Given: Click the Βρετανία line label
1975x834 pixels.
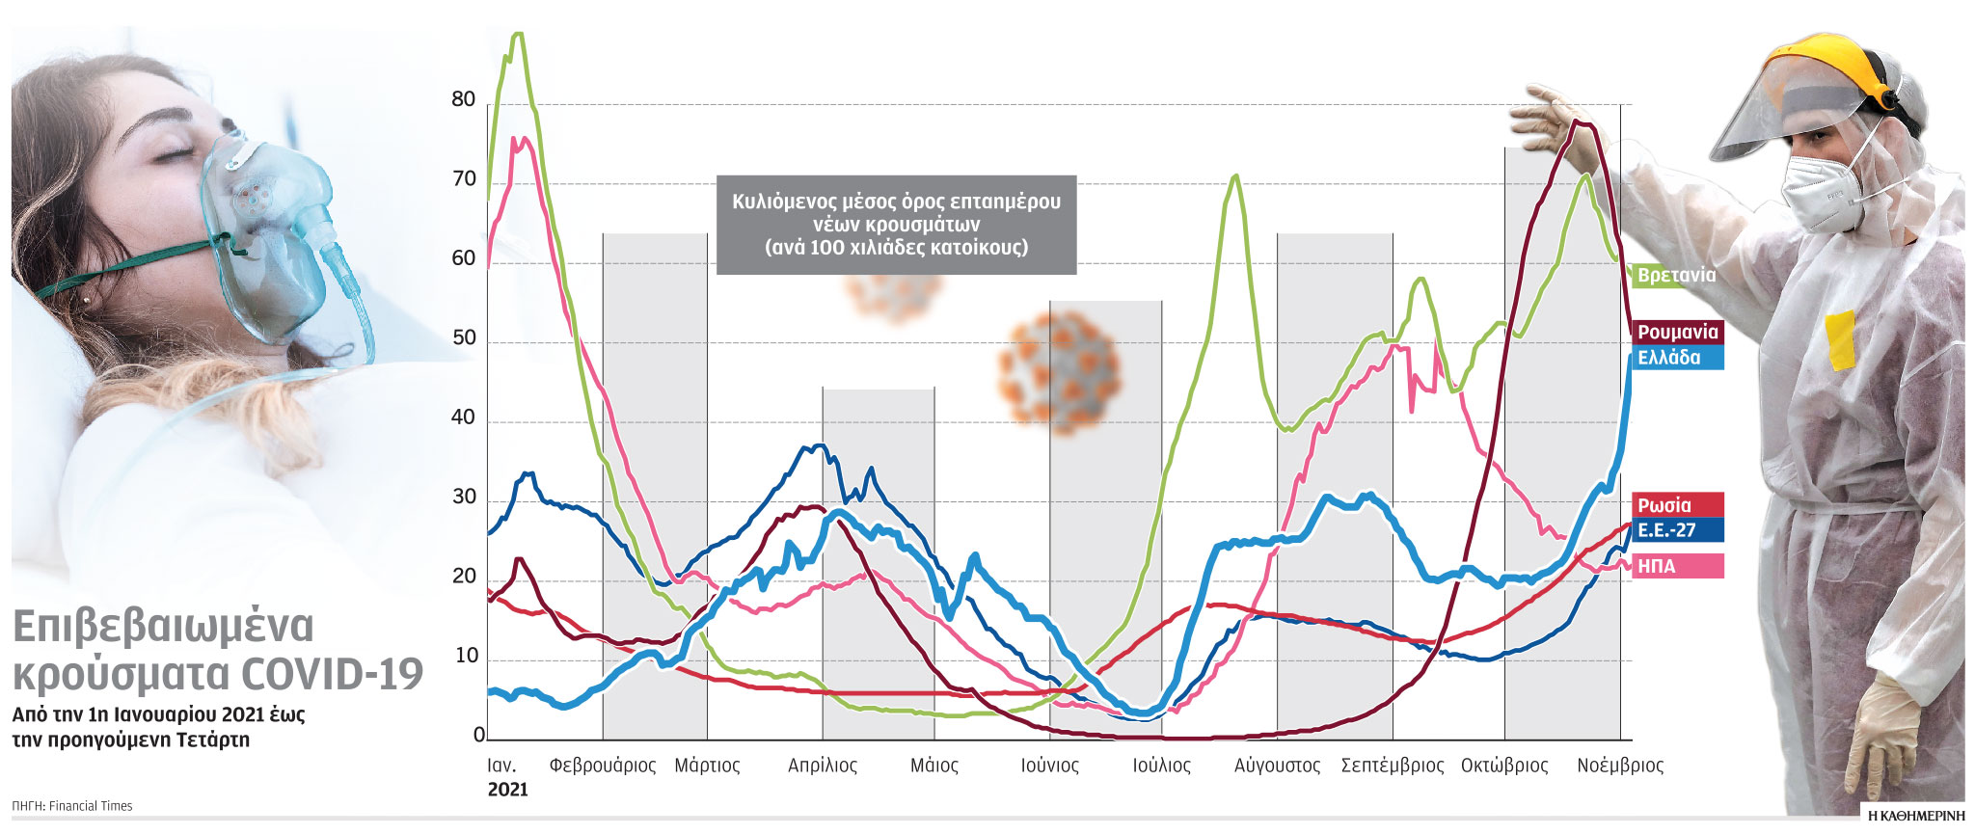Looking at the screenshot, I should [x=1676, y=276].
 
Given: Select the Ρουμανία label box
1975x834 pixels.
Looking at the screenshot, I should [x=1678, y=332].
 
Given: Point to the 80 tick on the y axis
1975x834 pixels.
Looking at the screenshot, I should [x=464, y=99].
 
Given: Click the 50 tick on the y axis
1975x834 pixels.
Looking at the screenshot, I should [x=464, y=338].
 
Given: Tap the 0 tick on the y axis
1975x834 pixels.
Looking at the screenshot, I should [x=478, y=736].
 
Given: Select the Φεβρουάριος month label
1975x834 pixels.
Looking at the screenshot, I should [x=603, y=766].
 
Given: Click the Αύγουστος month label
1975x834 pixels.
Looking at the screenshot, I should [x=1277, y=766].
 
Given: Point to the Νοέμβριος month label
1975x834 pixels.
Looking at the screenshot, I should [x=1620, y=766].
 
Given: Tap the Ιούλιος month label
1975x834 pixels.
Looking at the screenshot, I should [x=1161, y=766].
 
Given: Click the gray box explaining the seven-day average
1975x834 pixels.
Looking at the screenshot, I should [x=896, y=225].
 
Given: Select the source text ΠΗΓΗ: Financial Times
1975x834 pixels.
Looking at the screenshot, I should [x=72, y=806].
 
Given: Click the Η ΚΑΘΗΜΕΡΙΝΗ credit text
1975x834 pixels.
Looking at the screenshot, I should [x=1915, y=816].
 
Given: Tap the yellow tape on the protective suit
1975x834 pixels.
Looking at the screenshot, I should [x=1839, y=339].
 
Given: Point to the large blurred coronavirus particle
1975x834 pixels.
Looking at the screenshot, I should [x=1060, y=370].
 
